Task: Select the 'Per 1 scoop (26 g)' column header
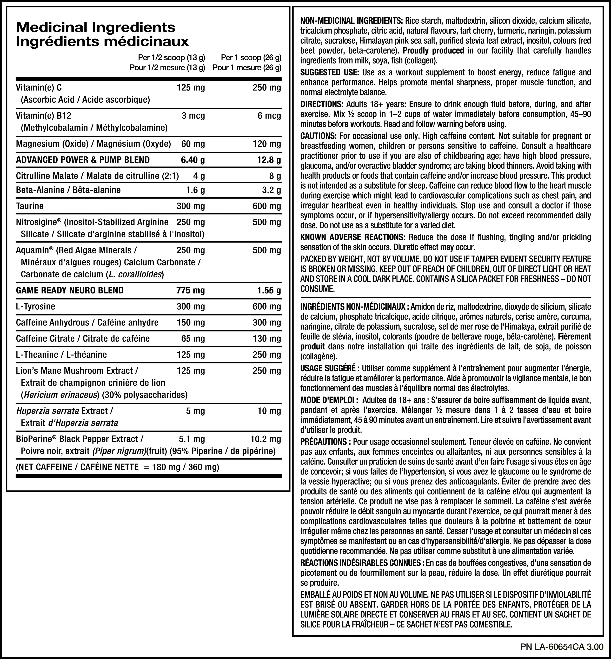(251, 58)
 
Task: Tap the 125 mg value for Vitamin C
(191, 88)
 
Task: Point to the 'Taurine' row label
(30, 206)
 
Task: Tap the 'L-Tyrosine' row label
(35, 306)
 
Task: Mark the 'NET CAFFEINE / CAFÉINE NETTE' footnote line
(117, 467)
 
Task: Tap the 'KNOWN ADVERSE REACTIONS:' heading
(353, 237)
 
